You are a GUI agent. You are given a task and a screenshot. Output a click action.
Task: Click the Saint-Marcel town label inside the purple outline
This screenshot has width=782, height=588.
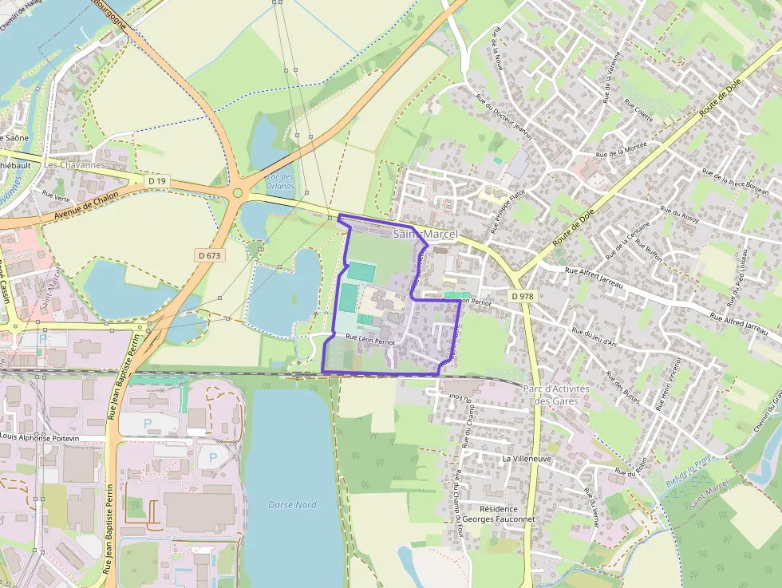[425, 234]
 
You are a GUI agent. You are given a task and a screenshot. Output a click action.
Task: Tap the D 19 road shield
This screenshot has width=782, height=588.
[157, 182]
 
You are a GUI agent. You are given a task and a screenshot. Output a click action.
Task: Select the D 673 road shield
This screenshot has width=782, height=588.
[210, 255]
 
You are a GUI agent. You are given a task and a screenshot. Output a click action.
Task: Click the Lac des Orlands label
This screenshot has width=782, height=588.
[280, 181]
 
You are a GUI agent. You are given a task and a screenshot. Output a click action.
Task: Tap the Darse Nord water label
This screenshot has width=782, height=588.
[292, 505]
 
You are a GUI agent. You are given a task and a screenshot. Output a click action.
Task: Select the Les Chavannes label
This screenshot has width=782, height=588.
[74, 165]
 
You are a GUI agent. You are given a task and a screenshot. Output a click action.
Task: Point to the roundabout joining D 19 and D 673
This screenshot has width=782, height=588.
[237, 192]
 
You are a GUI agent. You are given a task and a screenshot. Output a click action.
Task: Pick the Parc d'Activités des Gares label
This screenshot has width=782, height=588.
[555, 395]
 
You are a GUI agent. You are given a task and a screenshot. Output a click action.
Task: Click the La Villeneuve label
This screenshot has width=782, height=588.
[527, 460]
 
